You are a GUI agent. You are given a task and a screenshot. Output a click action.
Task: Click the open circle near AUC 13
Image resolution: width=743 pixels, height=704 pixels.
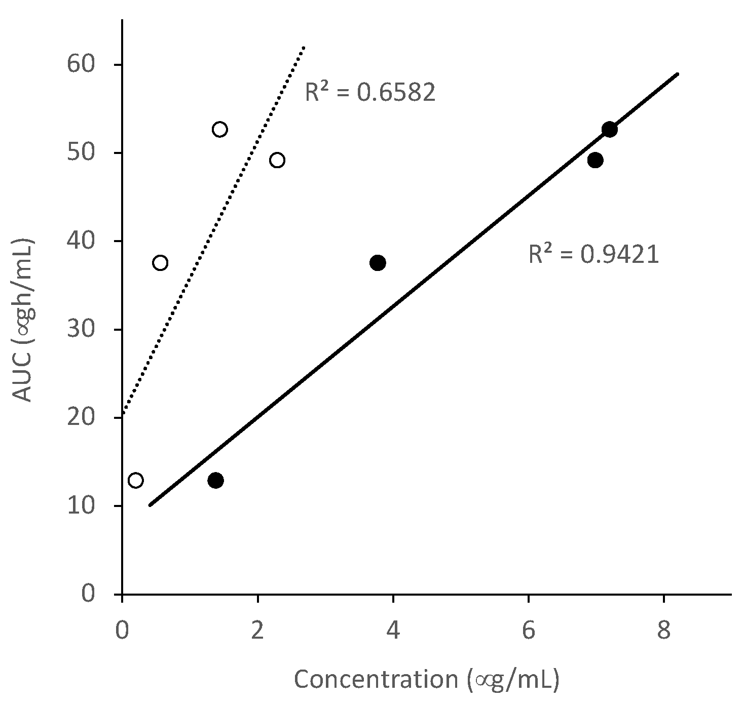coord(135,480)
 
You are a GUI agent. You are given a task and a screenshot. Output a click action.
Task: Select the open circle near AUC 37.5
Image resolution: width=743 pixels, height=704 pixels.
coord(160,263)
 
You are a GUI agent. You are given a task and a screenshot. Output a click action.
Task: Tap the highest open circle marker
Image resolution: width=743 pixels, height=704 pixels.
coord(219,129)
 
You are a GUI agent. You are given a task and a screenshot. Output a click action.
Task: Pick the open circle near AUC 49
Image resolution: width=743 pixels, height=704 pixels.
coord(277,161)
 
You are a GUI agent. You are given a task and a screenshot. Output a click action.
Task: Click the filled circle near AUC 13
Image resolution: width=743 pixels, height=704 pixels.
coord(215,480)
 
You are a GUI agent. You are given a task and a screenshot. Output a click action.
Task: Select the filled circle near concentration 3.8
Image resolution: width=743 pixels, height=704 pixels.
coord(378,263)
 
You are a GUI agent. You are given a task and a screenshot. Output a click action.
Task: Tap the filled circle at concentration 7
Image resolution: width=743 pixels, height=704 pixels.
coord(596,161)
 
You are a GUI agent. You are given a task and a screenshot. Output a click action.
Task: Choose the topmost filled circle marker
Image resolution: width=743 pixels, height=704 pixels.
coord(609,129)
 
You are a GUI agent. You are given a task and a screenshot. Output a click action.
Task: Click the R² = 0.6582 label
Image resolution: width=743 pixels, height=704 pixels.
coord(370,93)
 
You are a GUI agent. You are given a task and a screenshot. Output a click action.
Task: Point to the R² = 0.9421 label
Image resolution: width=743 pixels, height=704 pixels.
coord(593,255)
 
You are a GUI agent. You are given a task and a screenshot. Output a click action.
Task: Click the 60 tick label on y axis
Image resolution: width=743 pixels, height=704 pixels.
coord(81,65)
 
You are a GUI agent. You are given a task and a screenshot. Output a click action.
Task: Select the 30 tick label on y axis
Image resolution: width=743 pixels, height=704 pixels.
coord(81,330)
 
